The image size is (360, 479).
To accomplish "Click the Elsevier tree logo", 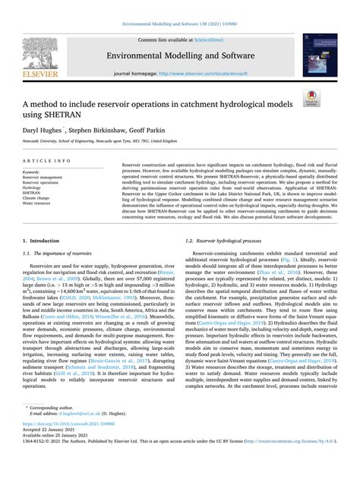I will pos(52,55).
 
